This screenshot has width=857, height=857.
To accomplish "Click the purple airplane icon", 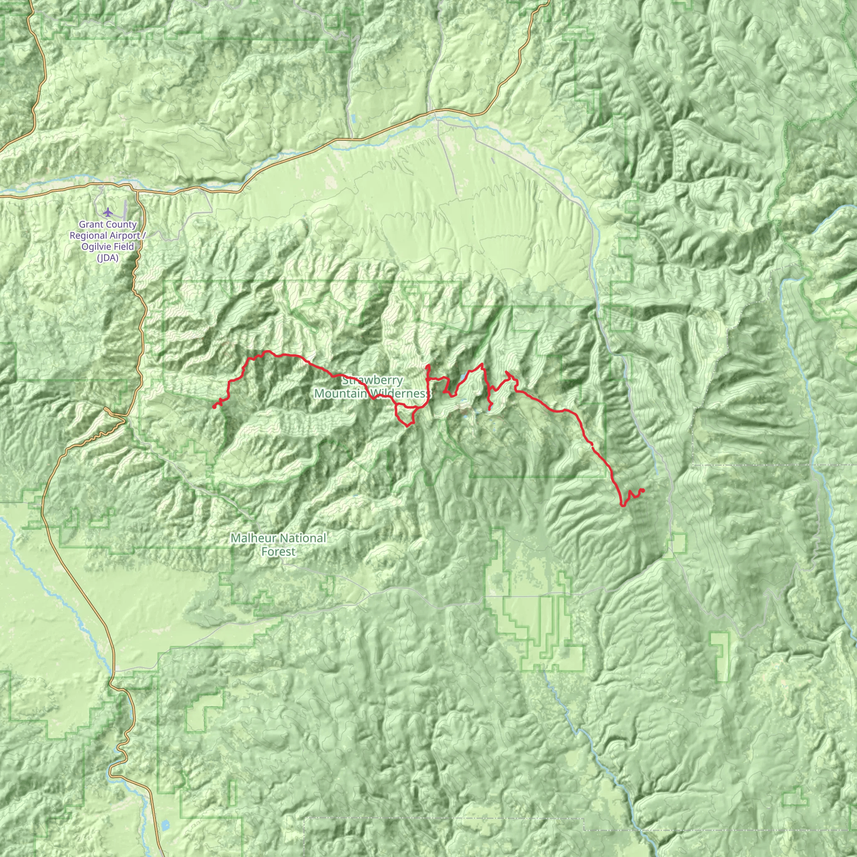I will [108, 211].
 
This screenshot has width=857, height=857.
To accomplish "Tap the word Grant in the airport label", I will [90, 225].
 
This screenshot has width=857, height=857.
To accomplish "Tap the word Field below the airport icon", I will [123, 246].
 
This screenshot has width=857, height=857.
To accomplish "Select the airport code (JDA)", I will [108, 258].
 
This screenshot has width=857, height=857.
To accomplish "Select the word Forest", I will [278, 552].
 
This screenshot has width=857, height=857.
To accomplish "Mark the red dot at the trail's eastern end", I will [643, 490].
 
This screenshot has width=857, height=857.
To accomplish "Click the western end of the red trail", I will [214, 407].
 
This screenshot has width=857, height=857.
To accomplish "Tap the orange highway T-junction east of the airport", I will [138, 192].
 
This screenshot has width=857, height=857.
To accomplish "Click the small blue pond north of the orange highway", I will [354, 119].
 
